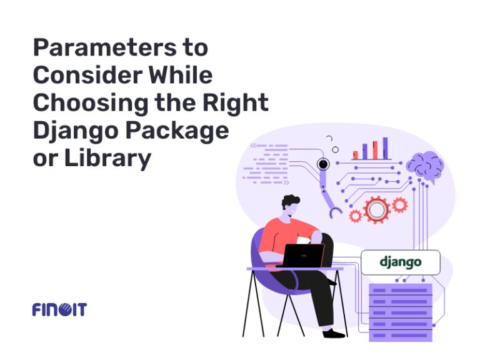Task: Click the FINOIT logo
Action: (x=59, y=309)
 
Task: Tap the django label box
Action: (x=401, y=262)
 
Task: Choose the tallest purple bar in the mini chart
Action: (x=385, y=148)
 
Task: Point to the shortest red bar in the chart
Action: (x=355, y=154)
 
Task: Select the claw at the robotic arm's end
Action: (x=336, y=212)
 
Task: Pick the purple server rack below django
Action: (x=401, y=311)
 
